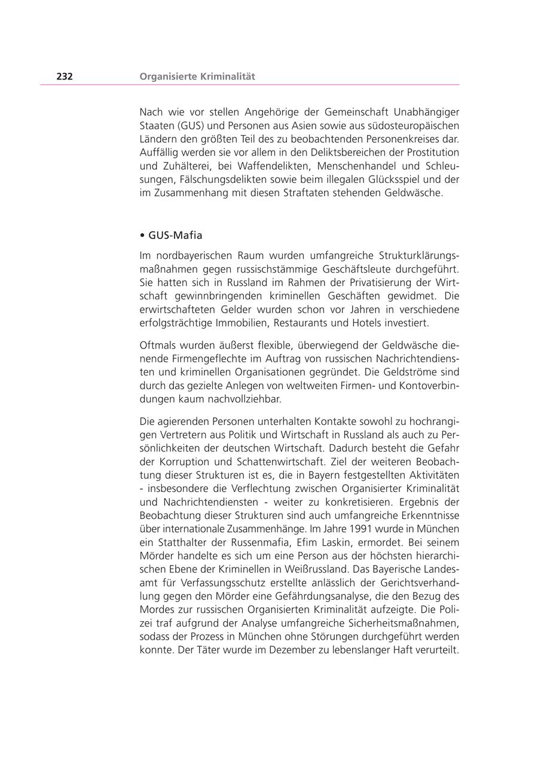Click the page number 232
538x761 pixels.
click(65, 77)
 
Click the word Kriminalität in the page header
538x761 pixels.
click(224, 77)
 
